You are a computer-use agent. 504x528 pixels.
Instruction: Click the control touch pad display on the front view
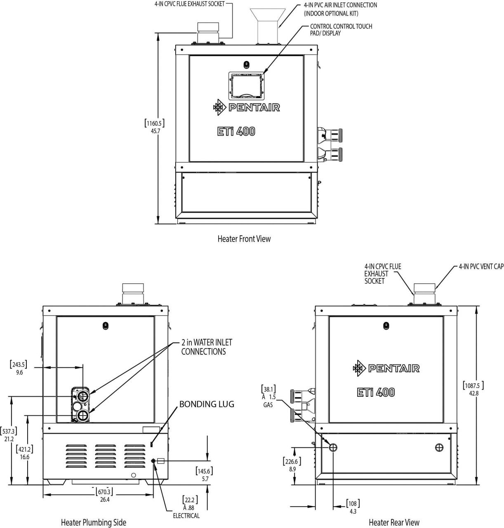click(x=246, y=86)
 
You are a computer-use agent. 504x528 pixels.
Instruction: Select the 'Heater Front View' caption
click(x=244, y=239)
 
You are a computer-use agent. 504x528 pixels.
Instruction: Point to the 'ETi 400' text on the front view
click(x=236, y=131)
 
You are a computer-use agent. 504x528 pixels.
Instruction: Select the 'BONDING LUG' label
click(x=207, y=404)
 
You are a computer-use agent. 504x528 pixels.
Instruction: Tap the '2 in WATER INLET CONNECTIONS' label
click(x=206, y=347)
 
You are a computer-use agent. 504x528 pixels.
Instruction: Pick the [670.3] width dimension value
click(x=104, y=492)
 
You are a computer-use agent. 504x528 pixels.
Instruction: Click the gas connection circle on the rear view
click(x=333, y=447)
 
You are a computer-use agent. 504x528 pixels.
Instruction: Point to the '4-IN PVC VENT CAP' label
click(x=481, y=267)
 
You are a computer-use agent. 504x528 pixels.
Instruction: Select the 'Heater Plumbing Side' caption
click(x=94, y=523)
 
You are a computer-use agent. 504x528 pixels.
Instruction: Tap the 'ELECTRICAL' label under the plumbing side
click(x=186, y=516)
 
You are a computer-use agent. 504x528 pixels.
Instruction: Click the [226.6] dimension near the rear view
click(x=291, y=462)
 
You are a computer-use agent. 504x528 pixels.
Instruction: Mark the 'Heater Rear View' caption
click(x=394, y=523)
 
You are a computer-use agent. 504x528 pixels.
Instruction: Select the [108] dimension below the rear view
click(x=352, y=504)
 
